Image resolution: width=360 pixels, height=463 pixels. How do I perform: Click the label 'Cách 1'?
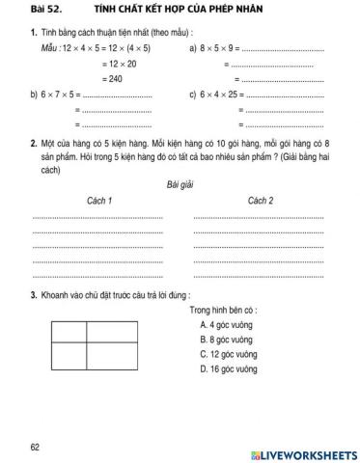coord(99,201)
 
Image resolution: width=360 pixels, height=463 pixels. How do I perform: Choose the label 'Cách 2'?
coord(261,201)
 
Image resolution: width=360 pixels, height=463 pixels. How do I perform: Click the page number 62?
coord(36,447)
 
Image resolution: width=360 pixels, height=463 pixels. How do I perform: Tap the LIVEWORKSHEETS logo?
coord(303,452)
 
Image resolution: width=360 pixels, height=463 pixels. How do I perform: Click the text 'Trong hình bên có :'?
coord(223,311)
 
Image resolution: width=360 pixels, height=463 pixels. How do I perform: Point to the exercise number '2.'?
coord(34,144)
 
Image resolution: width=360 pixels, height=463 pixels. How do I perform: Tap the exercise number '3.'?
coord(34,295)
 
